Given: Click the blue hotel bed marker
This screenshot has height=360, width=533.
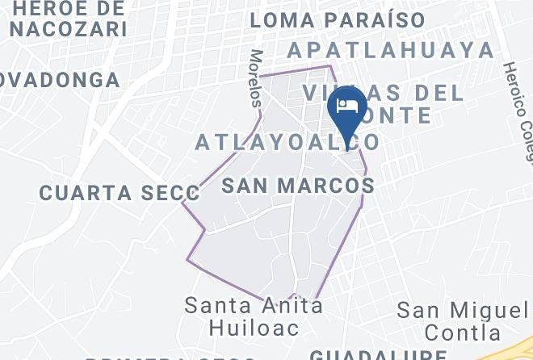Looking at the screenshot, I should (347, 113).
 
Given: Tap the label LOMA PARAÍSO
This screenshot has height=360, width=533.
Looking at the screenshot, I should (338, 19).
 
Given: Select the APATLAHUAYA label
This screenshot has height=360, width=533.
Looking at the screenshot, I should (391, 50).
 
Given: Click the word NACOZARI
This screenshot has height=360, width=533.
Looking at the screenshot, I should (69, 29).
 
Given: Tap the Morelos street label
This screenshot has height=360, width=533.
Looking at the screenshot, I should (256, 78).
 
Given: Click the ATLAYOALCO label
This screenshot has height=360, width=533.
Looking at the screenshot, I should (287, 142).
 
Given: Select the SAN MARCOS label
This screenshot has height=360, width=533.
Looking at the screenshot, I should (297, 186).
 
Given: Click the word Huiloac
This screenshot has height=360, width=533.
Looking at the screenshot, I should (254, 327).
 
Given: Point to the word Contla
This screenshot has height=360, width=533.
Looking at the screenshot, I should (464, 332).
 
